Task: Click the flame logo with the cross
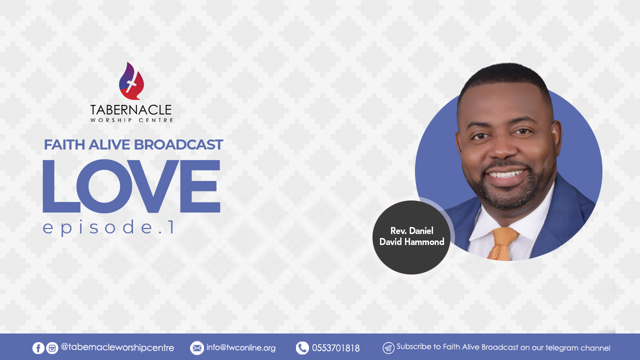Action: pos(131,81)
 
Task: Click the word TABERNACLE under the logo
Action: pos(131,110)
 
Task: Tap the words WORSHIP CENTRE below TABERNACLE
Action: pos(131,120)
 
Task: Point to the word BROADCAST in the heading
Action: pos(178,144)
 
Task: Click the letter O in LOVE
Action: pos(104,186)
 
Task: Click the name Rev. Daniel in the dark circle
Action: pos(411,231)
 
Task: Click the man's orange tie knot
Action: pos(504,236)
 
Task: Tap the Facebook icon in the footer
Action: pos(38,348)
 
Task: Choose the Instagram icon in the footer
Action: pos(52,348)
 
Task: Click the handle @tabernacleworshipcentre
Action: pos(117,348)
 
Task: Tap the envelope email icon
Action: pos(197,348)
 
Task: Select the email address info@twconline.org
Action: pos(241,347)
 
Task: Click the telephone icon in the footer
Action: pos(302,348)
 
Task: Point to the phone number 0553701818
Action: pos(335,348)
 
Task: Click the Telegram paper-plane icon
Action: pos(388,348)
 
